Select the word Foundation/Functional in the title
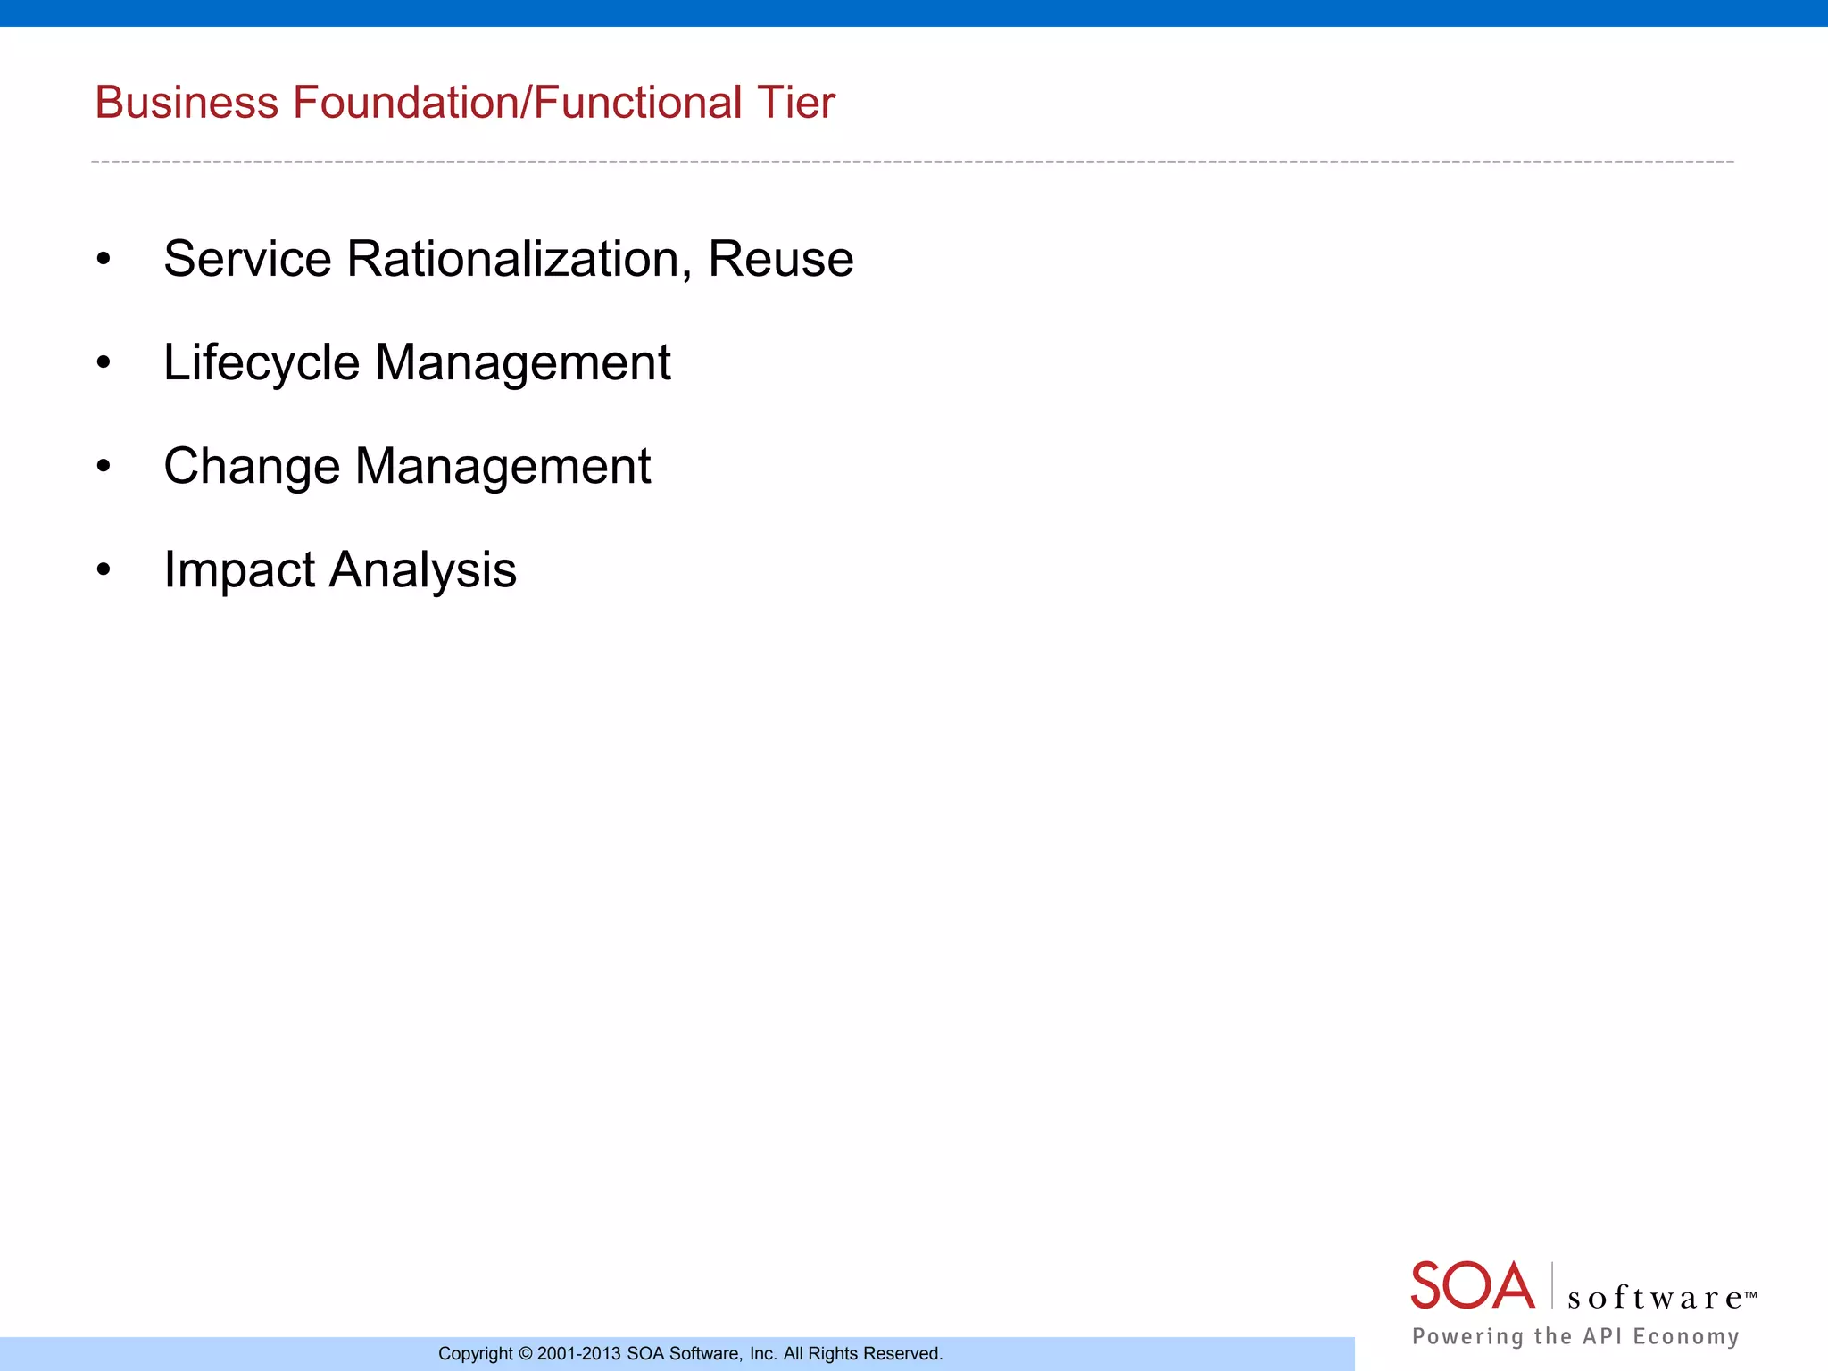(x=517, y=103)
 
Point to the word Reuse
(x=780, y=260)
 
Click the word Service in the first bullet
(x=247, y=260)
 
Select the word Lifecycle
(x=261, y=363)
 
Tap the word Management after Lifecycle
(x=522, y=363)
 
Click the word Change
(x=252, y=467)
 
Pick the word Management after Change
(x=503, y=467)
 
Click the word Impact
(x=239, y=570)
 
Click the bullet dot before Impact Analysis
(x=104, y=569)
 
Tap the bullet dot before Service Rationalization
(x=104, y=259)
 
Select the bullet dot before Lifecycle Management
(x=104, y=362)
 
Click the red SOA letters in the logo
(x=1472, y=1286)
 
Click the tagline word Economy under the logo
(x=1686, y=1336)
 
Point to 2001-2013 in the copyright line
(x=578, y=1354)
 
